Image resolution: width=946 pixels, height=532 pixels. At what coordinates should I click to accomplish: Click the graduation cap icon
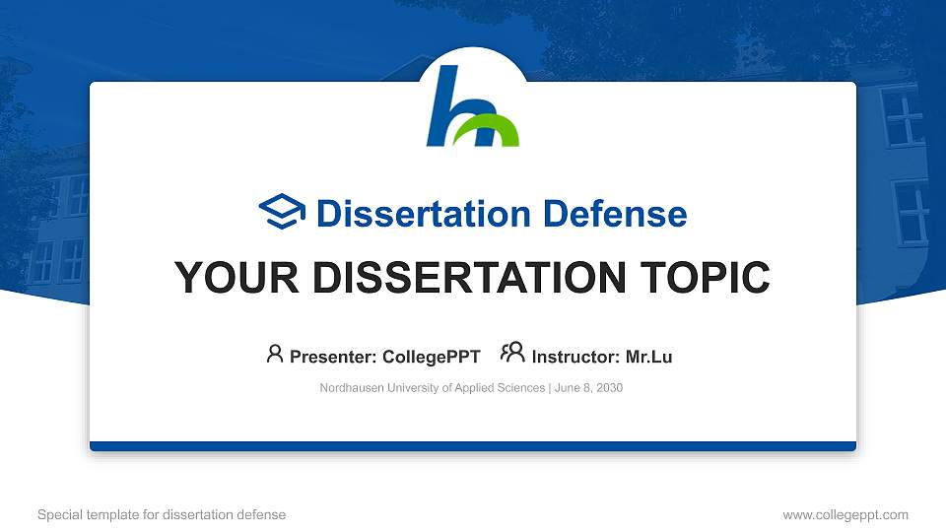pyautogui.click(x=282, y=211)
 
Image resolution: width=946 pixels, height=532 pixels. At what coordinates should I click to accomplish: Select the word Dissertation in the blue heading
pyautogui.click(x=424, y=214)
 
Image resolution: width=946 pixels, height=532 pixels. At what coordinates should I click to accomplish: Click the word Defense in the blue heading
pyautogui.click(x=615, y=214)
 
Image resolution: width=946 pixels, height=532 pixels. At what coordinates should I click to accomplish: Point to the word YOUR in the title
pyautogui.click(x=236, y=278)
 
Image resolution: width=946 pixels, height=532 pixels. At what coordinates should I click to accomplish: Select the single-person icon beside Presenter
pyautogui.click(x=275, y=354)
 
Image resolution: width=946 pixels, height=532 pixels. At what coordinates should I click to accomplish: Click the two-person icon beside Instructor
pyautogui.click(x=512, y=353)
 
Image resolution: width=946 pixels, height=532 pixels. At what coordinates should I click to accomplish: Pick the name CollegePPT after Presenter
pyautogui.click(x=432, y=357)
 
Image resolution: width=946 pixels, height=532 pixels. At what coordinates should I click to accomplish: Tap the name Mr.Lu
pyautogui.click(x=648, y=357)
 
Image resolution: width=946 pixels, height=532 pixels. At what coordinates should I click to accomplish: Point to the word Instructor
pyautogui.click(x=575, y=357)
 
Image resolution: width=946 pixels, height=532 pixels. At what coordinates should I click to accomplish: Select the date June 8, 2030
pyautogui.click(x=589, y=388)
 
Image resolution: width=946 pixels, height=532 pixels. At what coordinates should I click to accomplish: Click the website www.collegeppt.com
pyautogui.click(x=845, y=515)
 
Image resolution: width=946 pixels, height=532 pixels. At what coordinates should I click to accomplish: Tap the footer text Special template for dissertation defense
pyautogui.click(x=162, y=515)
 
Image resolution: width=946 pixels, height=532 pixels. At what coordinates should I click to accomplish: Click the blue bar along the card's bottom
pyautogui.click(x=473, y=446)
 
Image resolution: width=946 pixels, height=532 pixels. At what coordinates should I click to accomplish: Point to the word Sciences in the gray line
pyautogui.click(x=521, y=388)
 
